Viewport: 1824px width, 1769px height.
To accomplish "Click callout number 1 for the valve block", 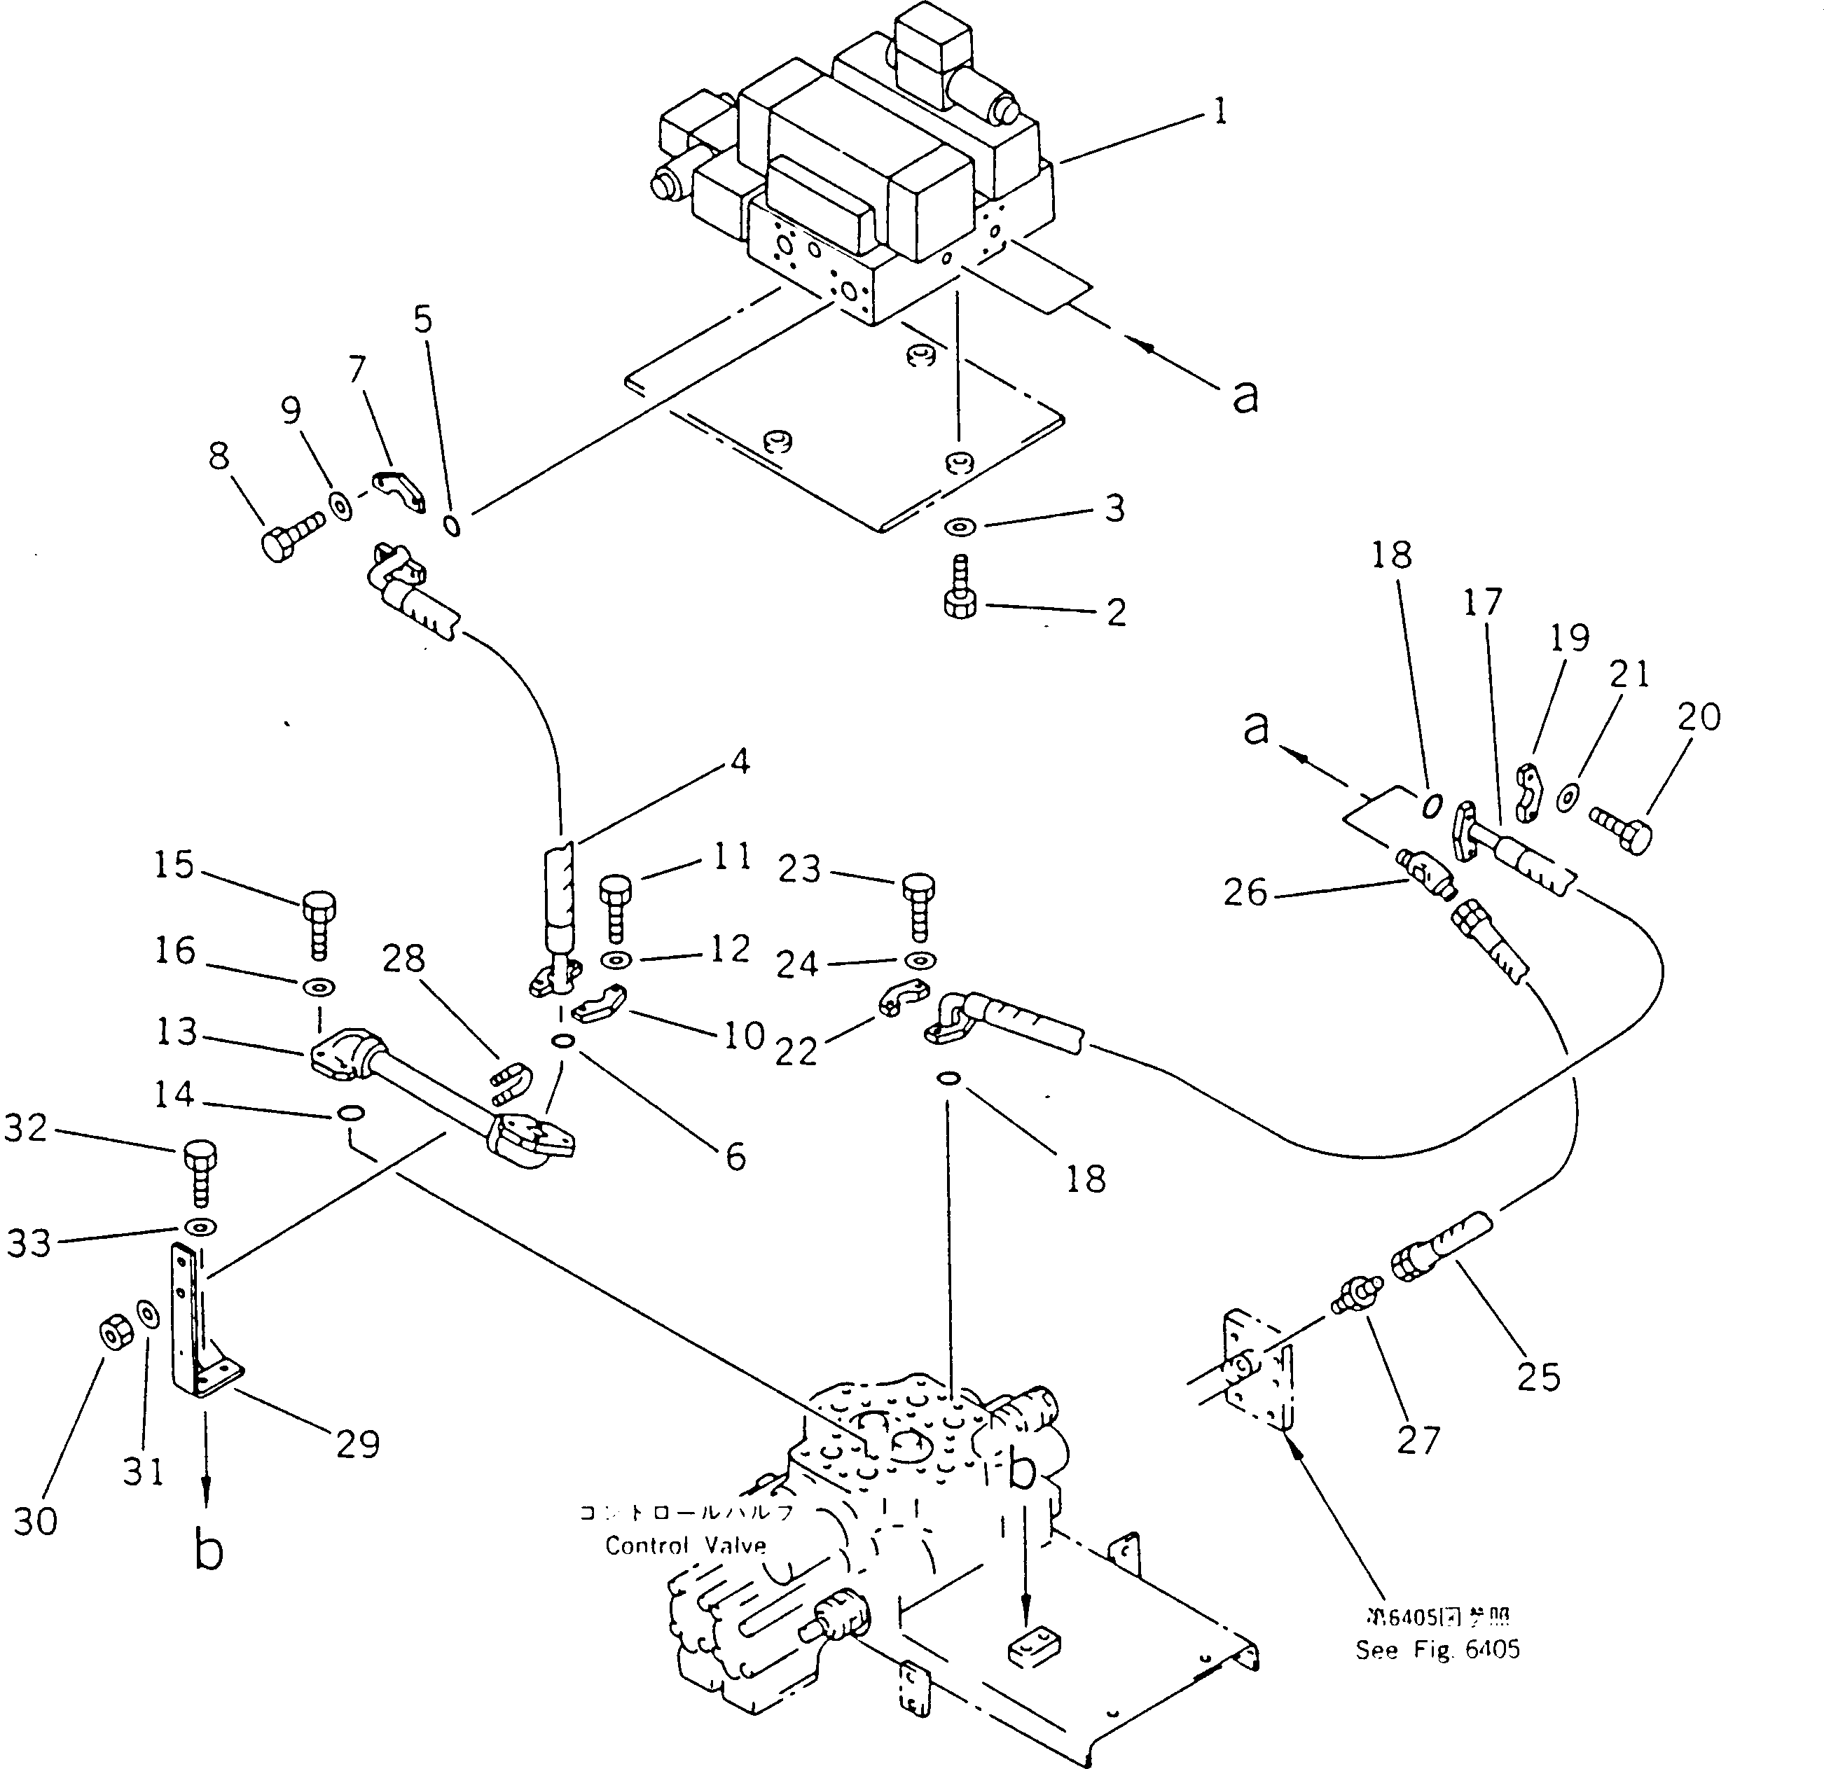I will pyautogui.click(x=1220, y=113).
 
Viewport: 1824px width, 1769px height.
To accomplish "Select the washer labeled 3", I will pyautogui.click(x=958, y=527).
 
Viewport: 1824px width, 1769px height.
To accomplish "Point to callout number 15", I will pyautogui.click(x=174, y=866).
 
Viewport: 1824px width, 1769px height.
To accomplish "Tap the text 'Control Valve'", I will pyautogui.click(x=686, y=1546).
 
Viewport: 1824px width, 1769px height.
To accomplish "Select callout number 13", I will pyautogui.click(x=175, y=1032).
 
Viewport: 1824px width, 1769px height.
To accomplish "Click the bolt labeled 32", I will pyautogui.click(x=200, y=1177).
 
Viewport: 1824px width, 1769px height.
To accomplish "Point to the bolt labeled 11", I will pyautogui.click(x=615, y=908).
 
